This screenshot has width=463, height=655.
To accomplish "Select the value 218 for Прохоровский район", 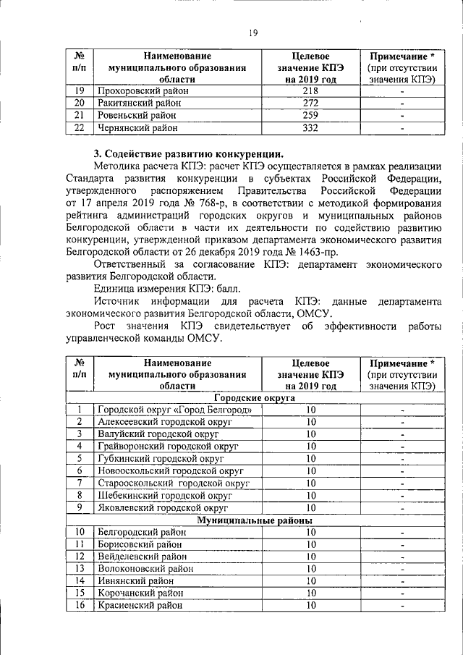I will [310, 91].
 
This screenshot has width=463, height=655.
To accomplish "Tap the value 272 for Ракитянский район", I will [310, 103].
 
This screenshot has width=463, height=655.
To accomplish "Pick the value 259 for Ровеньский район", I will [310, 116].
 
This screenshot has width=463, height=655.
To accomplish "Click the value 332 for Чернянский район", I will [310, 128].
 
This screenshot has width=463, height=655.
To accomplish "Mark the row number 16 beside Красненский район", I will [80, 606].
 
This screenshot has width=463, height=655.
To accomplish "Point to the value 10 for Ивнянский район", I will [310, 581].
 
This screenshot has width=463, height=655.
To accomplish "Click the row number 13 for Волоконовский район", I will [80, 569].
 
